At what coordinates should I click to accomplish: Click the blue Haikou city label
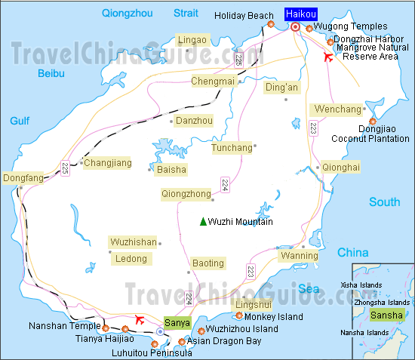(x=300, y=14)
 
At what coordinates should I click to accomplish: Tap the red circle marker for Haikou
(x=295, y=27)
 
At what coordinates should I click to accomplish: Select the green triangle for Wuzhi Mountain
(x=202, y=221)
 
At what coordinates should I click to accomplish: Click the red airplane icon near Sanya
(x=139, y=320)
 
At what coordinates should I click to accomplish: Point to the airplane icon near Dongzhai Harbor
(x=327, y=57)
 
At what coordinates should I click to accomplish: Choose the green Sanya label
(x=177, y=322)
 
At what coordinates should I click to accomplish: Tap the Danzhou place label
(x=195, y=120)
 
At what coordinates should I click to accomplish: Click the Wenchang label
(x=337, y=109)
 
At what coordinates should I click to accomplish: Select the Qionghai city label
(x=341, y=166)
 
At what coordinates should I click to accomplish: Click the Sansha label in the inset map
(x=387, y=315)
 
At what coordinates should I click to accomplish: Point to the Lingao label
(x=191, y=39)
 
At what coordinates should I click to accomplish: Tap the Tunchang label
(x=232, y=147)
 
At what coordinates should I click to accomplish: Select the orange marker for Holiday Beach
(x=271, y=25)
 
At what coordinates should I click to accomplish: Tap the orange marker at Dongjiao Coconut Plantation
(x=373, y=121)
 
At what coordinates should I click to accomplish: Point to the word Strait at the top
(x=185, y=13)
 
